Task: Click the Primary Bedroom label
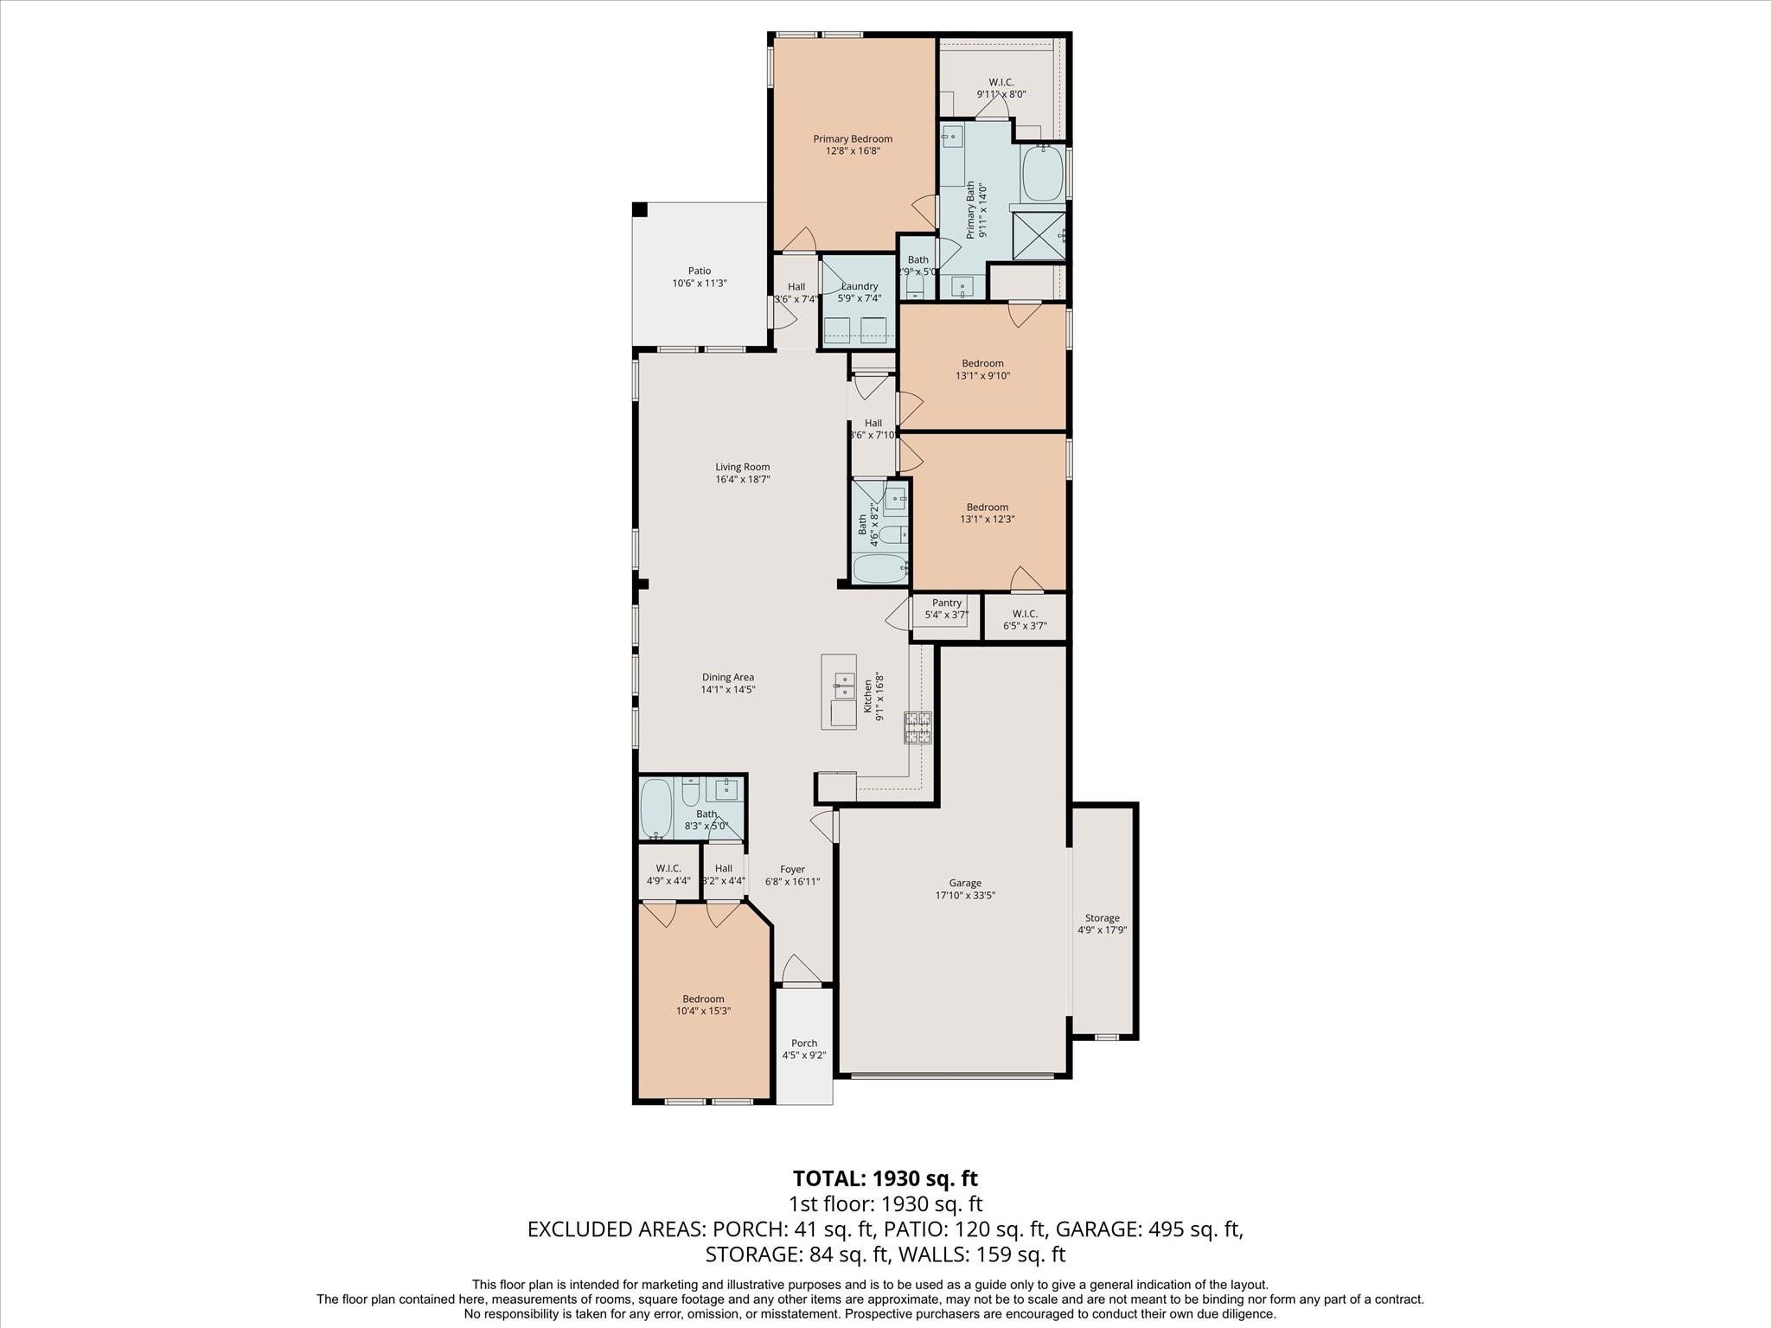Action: pyautogui.click(x=852, y=138)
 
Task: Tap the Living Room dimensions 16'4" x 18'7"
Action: pyautogui.click(x=742, y=479)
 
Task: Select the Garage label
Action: pyautogui.click(x=965, y=883)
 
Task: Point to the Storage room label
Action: pyautogui.click(x=1102, y=918)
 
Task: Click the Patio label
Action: pyautogui.click(x=700, y=271)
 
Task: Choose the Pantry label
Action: pyautogui.click(x=947, y=603)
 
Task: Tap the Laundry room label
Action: pyautogui.click(x=860, y=286)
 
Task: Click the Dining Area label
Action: pyautogui.click(x=728, y=677)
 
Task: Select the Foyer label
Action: pyautogui.click(x=792, y=869)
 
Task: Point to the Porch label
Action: pyautogui.click(x=804, y=1043)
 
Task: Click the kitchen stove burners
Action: pyautogui.click(x=918, y=727)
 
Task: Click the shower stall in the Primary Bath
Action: pyautogui.click(x=1039, y=234)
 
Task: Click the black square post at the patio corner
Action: pyautogui.click(x=640, y=209)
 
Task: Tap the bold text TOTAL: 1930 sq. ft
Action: pyautogui.click(x=885, y=1178)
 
